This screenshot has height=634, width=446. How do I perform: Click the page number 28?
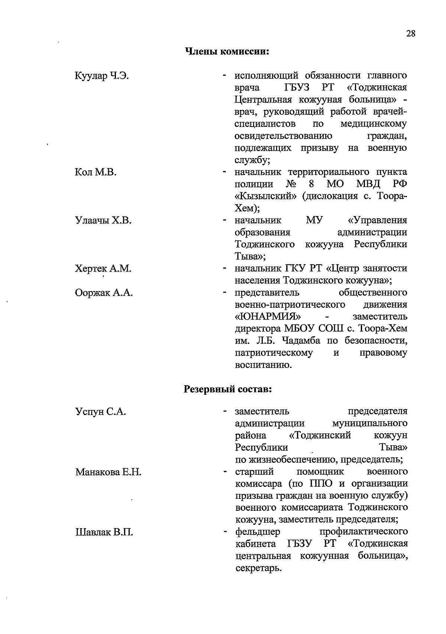point(410,33)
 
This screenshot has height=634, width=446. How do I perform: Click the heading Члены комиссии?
point(227,51)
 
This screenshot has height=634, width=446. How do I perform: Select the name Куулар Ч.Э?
point(102,76)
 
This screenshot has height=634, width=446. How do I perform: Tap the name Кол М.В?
point(96,173)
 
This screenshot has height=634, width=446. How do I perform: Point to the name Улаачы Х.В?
point(103,220)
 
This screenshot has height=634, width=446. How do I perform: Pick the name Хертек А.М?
point(103,269)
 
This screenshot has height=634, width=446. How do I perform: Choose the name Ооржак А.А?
point(104,293)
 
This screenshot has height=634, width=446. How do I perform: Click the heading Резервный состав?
point(228,389)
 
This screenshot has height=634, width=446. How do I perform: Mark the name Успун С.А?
point(101,412)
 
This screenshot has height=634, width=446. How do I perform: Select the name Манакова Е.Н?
point(108,472)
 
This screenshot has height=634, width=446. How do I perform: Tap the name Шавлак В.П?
point(104,532)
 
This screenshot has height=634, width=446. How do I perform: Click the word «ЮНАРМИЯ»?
point(268,317)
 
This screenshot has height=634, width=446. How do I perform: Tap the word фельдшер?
point(258,532)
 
